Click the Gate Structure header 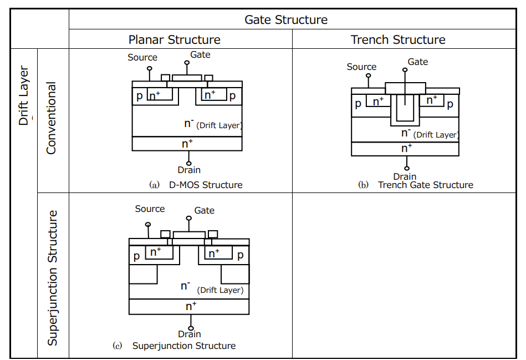286,20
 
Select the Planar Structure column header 174,40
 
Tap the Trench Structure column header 398,40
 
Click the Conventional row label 52,118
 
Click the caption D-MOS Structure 206,185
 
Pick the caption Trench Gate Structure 425,185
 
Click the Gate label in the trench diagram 417,62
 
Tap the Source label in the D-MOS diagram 142,57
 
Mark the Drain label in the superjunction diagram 190,334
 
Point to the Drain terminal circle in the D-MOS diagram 189,164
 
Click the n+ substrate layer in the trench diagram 406,149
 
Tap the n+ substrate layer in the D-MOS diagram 187,144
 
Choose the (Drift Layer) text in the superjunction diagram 220,290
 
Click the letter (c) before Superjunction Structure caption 117,346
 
